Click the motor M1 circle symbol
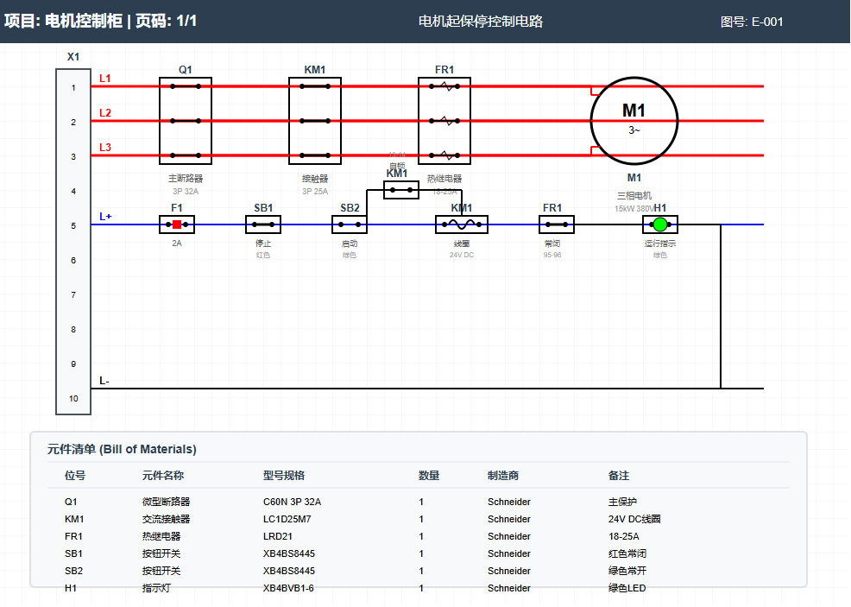634,120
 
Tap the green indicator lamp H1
660,224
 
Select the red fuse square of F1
177,224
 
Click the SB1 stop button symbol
263,224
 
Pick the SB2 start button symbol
350,224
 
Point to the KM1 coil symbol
462,224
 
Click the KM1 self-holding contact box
401,189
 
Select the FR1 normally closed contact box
557,224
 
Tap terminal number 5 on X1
73,226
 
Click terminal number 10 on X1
73,399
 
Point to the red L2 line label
105,113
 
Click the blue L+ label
105,217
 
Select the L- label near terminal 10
104,381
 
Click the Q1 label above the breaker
186,70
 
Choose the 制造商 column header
503,476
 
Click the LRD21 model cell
277,536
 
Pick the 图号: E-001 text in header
752,22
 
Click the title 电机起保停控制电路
481,22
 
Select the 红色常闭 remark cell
627,553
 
